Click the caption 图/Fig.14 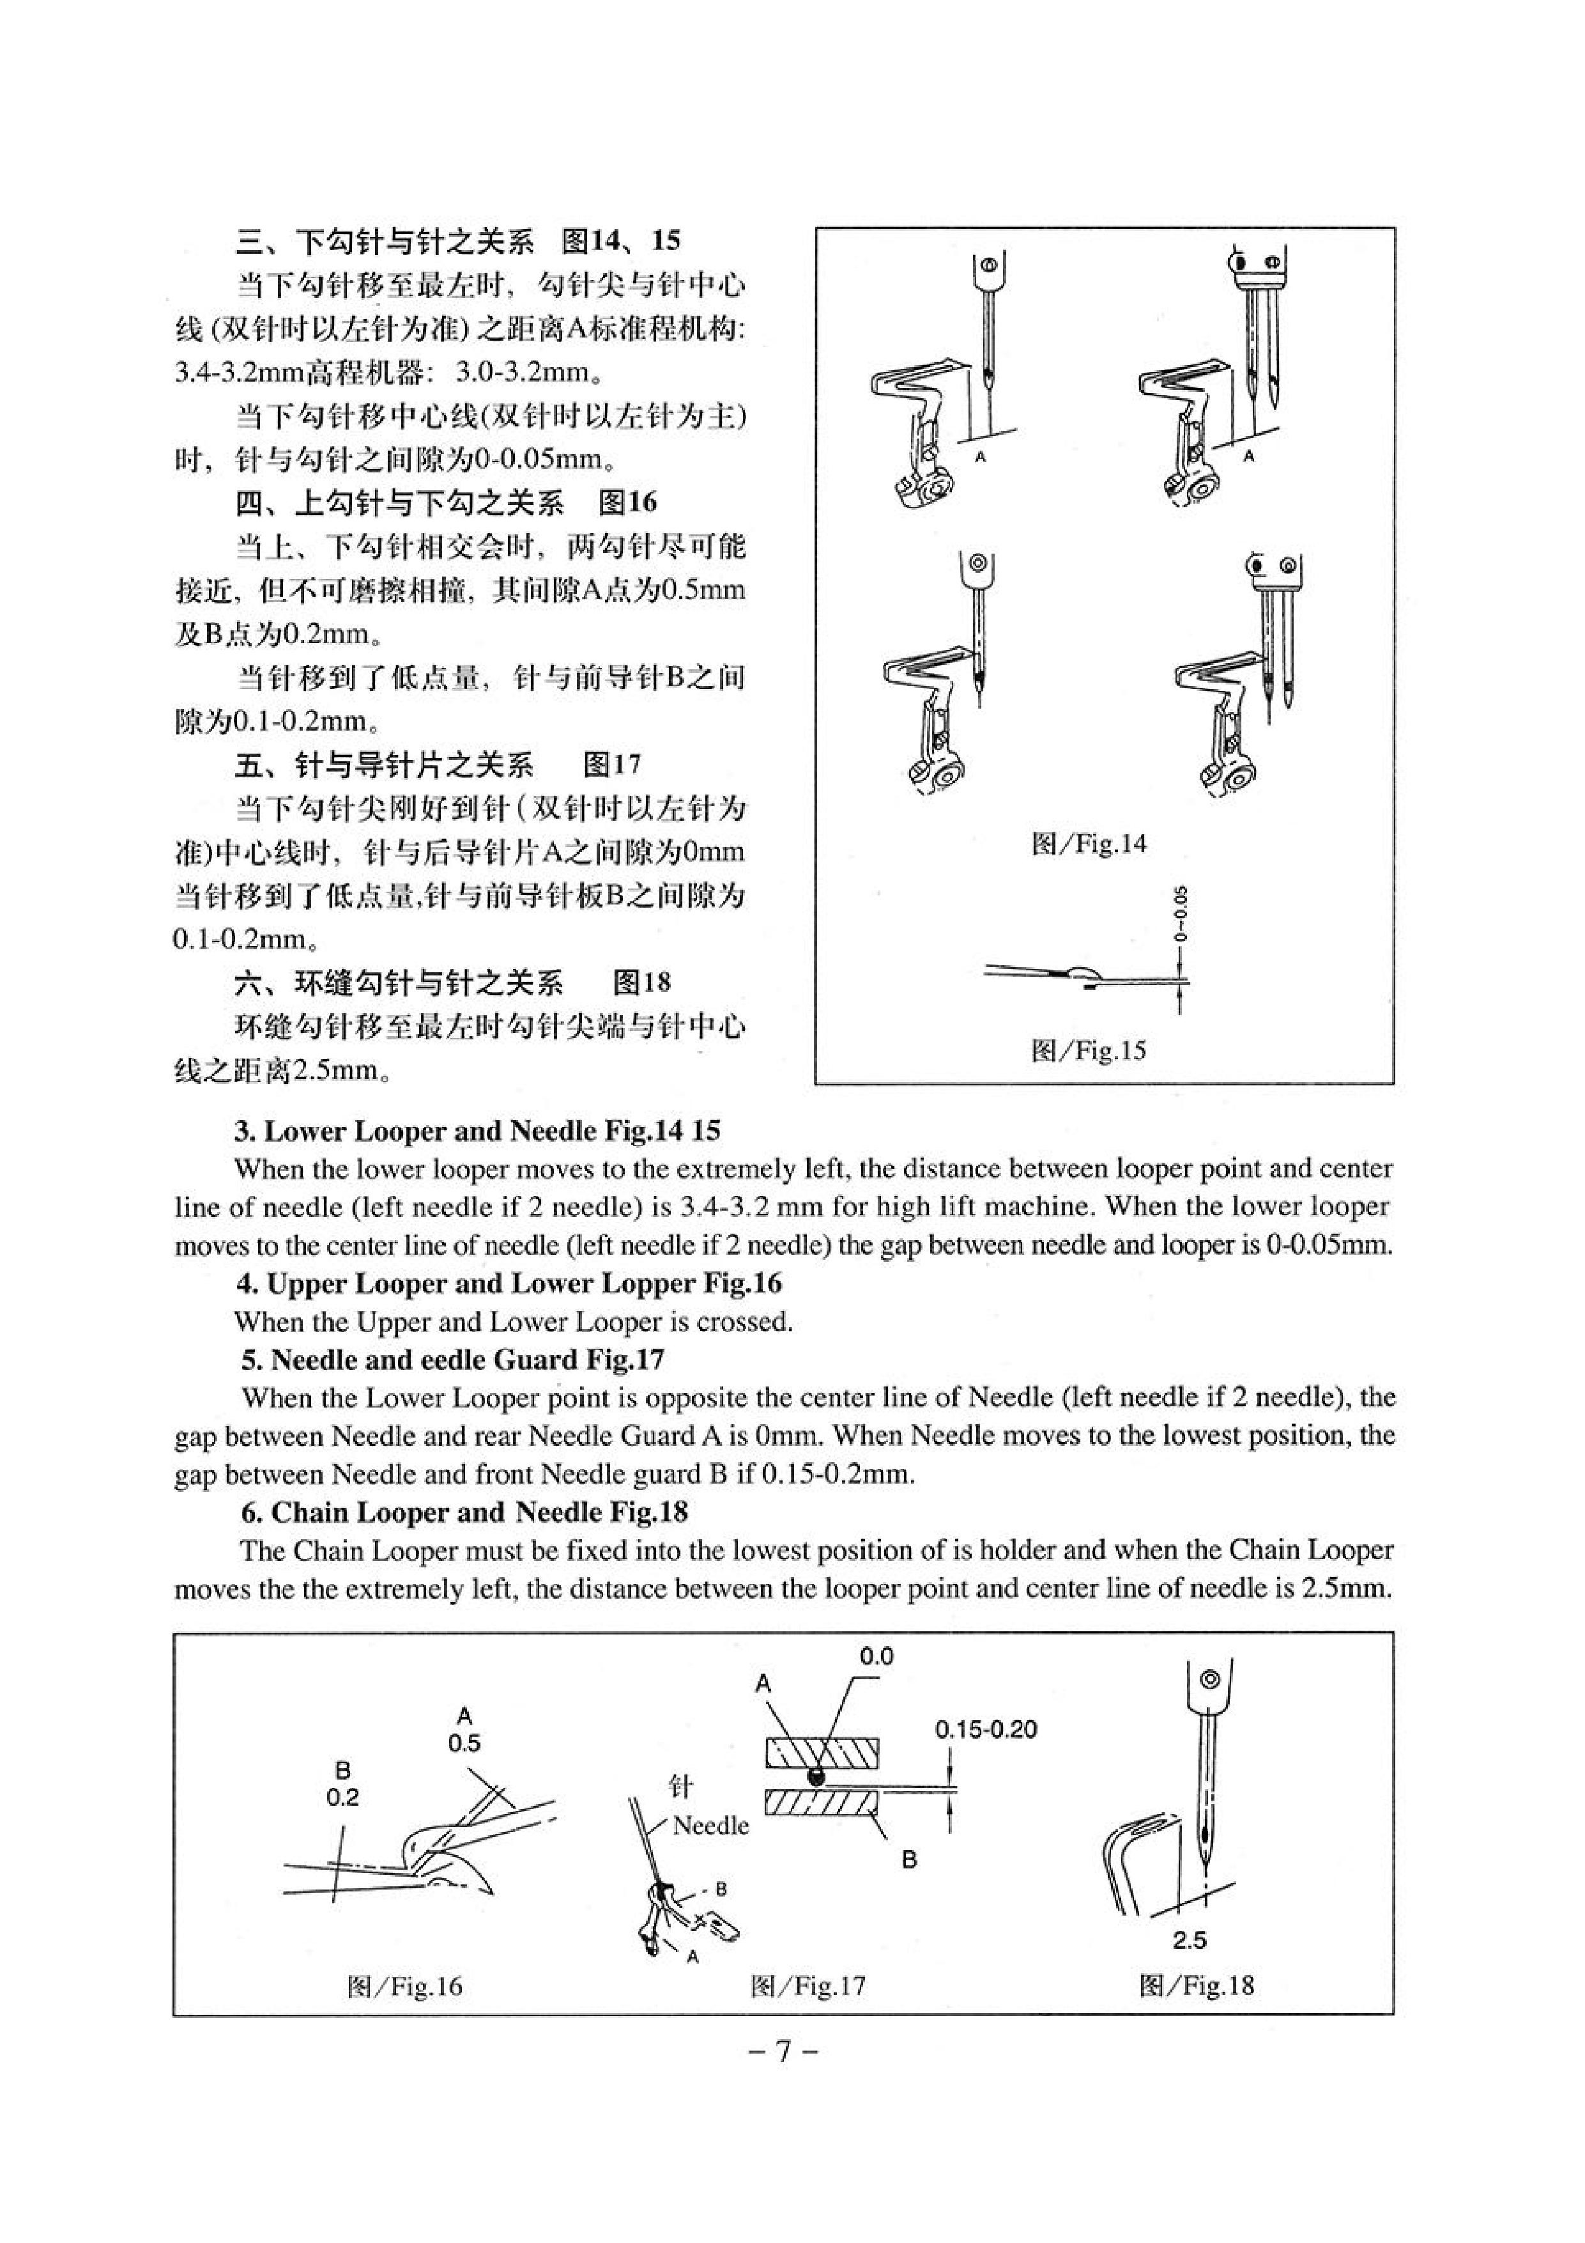click(x=1088, y=843)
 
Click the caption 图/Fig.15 click(x=1088, y=1051)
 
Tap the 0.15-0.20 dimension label click(x=986, y=1729)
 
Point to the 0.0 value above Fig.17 click(x=876, y=1656)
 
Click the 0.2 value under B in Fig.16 click(x=343, y=1797)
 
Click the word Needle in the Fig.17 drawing click(x=711, y=1825)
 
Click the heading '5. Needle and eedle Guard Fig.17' click(x=453, y=1360)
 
